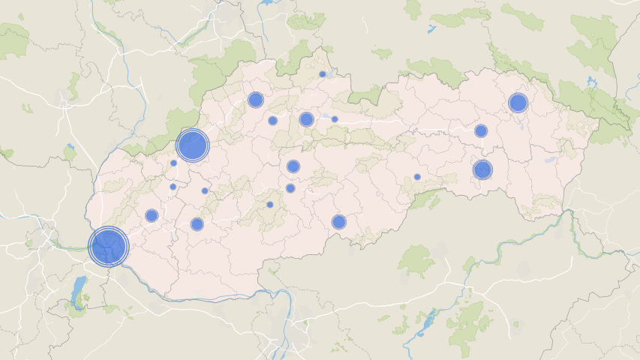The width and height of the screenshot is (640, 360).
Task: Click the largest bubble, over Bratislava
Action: pos(108,246)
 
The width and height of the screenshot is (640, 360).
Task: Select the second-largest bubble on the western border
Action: pos(192,145)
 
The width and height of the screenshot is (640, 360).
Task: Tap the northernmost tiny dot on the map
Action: pos(323,74)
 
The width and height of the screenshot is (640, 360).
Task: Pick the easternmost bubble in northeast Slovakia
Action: pos(518,103)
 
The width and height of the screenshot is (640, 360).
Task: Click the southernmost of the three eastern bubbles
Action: pos(482,169)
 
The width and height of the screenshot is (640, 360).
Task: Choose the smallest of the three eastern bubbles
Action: pos(481,130)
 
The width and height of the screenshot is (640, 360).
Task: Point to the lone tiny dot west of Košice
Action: pos(417,177)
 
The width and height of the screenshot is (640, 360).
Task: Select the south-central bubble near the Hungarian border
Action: pos(339,221)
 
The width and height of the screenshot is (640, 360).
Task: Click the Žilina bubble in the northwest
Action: pos(255,100)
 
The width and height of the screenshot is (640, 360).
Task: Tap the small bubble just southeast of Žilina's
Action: pos(272,120)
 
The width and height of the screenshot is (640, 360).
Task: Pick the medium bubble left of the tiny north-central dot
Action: pos(306,119)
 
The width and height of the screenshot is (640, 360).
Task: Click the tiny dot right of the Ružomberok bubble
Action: pos(335,119)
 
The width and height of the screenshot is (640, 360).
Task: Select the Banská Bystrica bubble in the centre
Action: pos(293,166)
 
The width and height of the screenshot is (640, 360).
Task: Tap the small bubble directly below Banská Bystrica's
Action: pos(290,188)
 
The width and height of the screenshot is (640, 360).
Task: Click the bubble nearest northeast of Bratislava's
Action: pos(152,215)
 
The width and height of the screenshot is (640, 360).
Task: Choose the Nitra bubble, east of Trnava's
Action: pos(197,223)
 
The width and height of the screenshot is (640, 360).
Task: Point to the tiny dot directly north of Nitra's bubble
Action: pos(205,190)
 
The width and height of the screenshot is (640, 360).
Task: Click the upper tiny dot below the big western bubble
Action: pos(173,163)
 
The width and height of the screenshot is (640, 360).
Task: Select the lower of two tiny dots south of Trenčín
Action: pos(173,187)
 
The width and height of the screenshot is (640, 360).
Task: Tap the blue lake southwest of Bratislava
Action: pos(78,291)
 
